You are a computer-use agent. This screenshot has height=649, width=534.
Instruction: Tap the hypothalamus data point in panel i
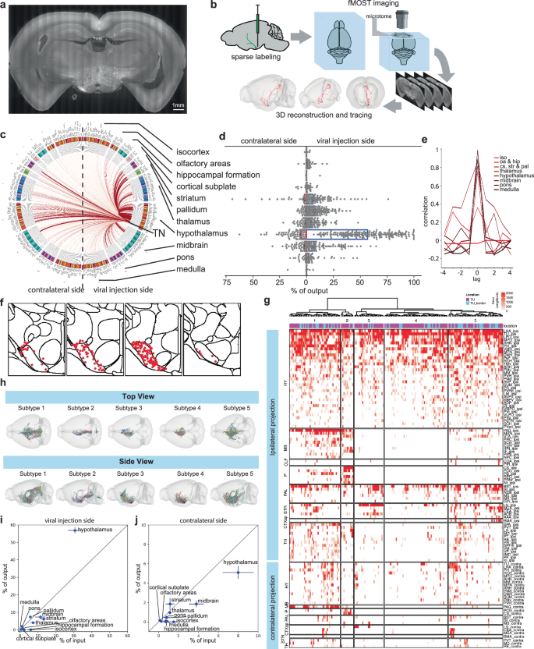(x=74, y=530)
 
